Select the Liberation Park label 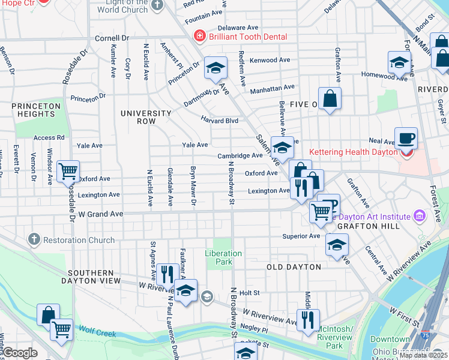click(223, 257)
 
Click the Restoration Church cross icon click(32, 240)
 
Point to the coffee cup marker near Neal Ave click(406, 138)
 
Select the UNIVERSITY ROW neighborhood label click(146, 117)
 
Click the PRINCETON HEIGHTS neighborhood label click(36, 110)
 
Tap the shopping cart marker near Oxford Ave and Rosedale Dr click(68, 172)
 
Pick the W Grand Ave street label click(101, 214)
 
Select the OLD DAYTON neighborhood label click(294, 266)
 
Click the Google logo click(20, 353)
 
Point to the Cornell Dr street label click(112, 38)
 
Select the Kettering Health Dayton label click(354, 152)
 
